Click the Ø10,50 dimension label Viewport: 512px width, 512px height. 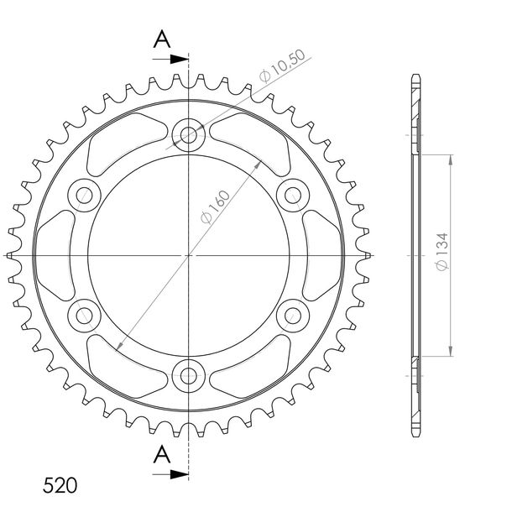(283, 66)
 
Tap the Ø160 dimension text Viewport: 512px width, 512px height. (216, 207)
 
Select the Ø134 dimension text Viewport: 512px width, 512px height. (442, 252)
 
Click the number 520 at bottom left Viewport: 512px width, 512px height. (60, 485)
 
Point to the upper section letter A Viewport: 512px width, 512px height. (162, 39)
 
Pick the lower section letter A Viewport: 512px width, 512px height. (162, 454)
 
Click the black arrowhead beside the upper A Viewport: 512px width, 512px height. (180, 59)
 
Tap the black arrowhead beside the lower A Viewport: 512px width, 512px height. (180, 474)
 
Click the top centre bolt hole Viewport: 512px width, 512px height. (188, 135)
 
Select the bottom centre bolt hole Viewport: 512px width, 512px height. (188, 376)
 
